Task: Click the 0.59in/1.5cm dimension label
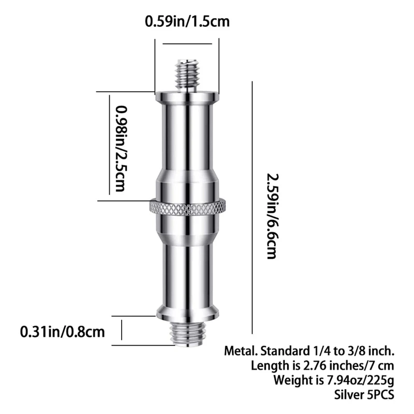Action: point(187,22)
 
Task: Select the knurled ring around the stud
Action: point(187,208)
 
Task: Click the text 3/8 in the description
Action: point(353,351)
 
